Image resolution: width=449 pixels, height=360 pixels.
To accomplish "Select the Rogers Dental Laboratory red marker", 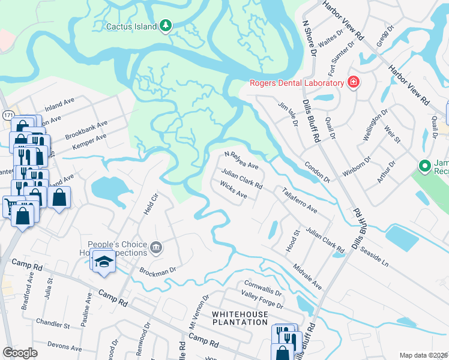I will [x=353, y=83].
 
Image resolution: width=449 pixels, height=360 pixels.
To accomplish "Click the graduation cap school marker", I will [x=104, y=262].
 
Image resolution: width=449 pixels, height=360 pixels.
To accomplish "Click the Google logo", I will [x=20, y=353].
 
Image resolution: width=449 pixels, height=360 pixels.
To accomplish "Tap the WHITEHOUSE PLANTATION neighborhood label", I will [x=239, y=318].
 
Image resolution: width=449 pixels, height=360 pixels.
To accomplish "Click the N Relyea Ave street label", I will [x=241, y=160].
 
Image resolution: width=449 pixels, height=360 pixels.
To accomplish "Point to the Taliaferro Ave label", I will [x=300, y=200].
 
